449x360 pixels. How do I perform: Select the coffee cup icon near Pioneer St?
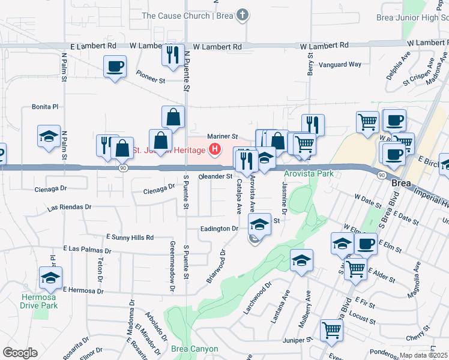115,67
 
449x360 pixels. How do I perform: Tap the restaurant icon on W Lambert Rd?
172,55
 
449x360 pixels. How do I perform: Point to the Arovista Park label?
308,174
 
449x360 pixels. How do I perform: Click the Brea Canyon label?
194,349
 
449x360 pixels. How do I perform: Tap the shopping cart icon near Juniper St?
331,329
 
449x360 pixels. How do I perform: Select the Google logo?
20,353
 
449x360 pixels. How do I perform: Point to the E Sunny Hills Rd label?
130,238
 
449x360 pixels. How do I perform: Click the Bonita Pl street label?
44,107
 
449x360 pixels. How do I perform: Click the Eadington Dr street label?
220,229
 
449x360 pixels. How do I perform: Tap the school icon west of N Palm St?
49,136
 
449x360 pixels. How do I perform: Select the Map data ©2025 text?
423,355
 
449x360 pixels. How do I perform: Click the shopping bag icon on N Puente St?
173,117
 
